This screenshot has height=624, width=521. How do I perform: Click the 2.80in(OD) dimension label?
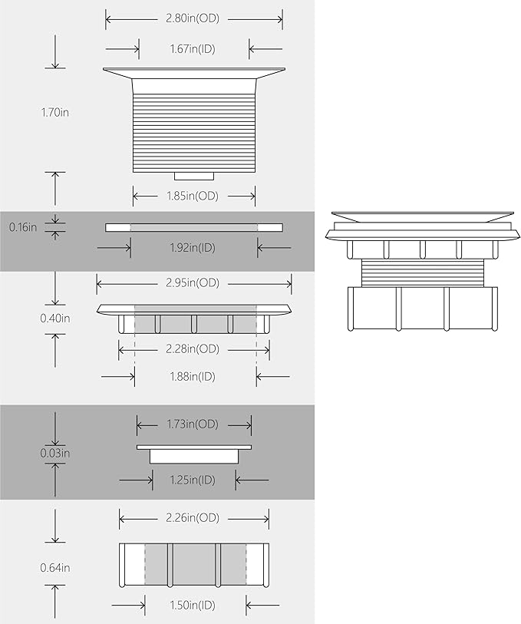point(193,18)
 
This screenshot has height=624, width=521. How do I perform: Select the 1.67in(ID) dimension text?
point(193,49)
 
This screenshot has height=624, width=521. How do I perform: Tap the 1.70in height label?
point(55,112)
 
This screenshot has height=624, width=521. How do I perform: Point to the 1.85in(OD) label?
point(193,196)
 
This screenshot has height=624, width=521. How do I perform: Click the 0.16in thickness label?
point(23,227)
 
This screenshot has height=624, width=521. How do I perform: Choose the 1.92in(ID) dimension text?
point(193,248)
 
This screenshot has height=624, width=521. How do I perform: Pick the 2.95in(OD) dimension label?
point(193,283)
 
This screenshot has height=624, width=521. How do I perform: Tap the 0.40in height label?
point(55,319)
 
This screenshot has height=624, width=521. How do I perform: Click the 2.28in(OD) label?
point(193,349)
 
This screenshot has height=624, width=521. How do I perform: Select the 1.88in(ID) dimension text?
point(193,376)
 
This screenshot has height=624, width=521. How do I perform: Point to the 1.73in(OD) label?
point(193,424)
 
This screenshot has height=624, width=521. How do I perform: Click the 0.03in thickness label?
point(55,454)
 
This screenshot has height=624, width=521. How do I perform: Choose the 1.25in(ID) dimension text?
point(193,480)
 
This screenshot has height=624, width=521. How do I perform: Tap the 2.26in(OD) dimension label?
point(193,518)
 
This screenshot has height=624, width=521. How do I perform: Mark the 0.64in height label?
point(55,568)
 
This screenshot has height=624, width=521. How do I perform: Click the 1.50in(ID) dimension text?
point(193,606)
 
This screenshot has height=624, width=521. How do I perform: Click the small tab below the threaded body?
point(194,176)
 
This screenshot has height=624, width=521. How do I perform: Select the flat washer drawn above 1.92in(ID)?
point(194,228)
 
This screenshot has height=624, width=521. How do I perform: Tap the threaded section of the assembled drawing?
point(422,272)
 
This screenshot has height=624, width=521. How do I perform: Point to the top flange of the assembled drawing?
point(422,217)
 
